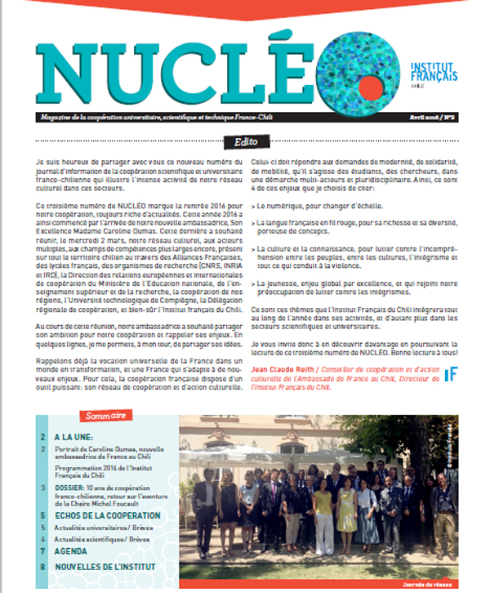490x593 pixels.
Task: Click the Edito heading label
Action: click(245, 140)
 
